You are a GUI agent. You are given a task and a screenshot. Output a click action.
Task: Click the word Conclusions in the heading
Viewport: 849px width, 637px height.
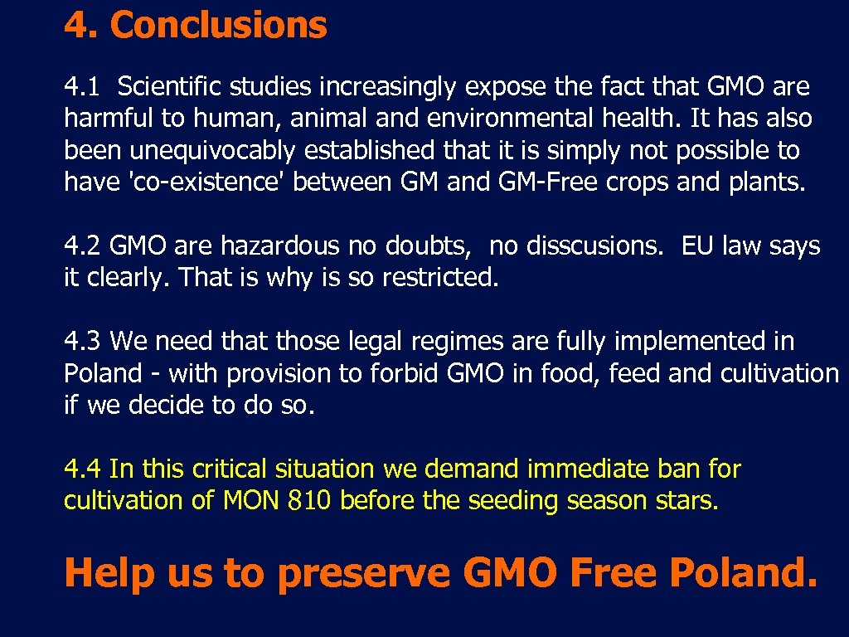(x=218, y=26)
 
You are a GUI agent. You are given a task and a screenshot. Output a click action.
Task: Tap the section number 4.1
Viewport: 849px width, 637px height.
(x=82, y=86)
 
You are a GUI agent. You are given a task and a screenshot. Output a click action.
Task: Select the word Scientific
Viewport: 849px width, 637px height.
(x=172, y=86)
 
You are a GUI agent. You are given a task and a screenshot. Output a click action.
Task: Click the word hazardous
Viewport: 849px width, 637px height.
(x=279, y=246)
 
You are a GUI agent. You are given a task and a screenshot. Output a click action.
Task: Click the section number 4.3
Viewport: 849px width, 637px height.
(x=82, y=341)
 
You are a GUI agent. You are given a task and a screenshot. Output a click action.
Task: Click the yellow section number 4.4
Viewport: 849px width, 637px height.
(x=83, y=469)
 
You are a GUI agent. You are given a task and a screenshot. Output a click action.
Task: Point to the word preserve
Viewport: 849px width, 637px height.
(x=363, y=572)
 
